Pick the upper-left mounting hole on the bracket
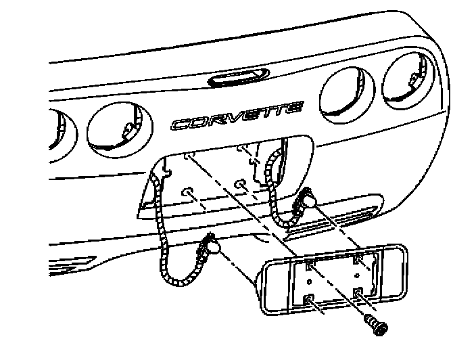point(310,264)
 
